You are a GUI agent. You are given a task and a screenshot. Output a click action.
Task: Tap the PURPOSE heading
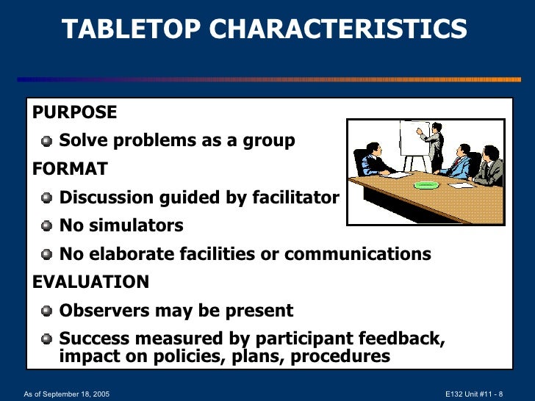point(74,112)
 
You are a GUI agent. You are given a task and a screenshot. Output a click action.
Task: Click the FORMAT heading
point(70,170)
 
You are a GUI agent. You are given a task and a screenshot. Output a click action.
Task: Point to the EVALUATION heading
point(90,283)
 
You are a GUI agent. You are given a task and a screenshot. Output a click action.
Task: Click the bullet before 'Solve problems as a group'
point(47,141)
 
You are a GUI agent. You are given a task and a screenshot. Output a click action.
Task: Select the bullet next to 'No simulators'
point(47,226)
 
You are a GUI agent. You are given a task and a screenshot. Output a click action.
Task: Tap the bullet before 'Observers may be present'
point(47,311)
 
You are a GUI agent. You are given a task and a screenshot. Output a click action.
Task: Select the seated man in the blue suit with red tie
point(459,162)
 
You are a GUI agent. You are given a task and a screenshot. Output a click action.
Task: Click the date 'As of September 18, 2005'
point(67,394)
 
